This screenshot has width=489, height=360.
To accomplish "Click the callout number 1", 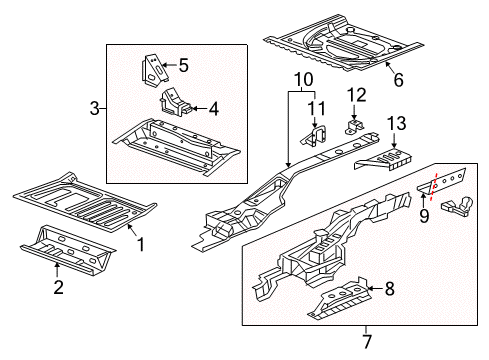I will pos(141,243).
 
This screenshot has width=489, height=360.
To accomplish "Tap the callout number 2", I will pos(58,288).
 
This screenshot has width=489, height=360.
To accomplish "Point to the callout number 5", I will pos(183,67).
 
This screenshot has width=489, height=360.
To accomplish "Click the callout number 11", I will pos(317,108).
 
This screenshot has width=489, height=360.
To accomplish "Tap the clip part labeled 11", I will pos(312,137).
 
